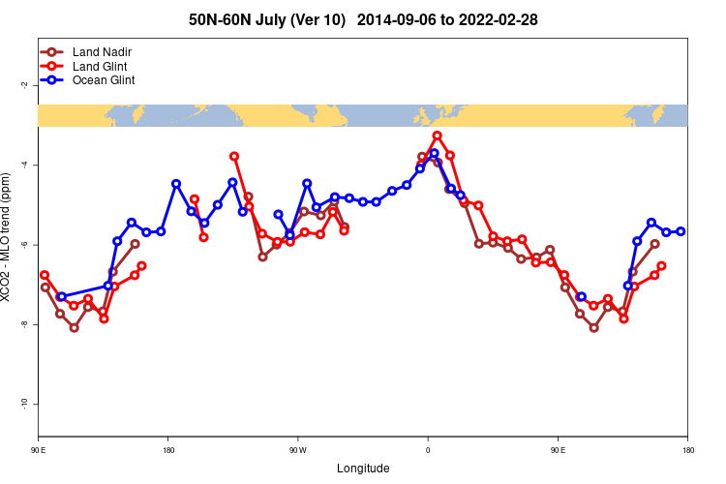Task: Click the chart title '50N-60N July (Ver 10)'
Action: point(267,19)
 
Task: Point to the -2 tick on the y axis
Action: point(24,85)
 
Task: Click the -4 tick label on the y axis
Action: point(24,165)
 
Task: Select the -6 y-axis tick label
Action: point(24,245)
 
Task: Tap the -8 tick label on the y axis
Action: point(24,324)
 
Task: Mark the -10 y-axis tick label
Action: point(24,404)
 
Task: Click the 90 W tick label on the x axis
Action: point(297,450)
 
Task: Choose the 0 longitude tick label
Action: point(428,450)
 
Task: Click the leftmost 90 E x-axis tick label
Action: point(38,450)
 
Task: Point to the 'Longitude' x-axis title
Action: point(363,469)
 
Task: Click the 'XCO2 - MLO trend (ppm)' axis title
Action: point(9,244)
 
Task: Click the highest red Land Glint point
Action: point(438,136)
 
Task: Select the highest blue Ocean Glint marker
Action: point(434,153)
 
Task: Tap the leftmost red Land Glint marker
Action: point(45,275)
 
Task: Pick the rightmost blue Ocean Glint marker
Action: point(681,231)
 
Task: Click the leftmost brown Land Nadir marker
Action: point(45,287)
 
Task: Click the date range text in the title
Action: point(447,19)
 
